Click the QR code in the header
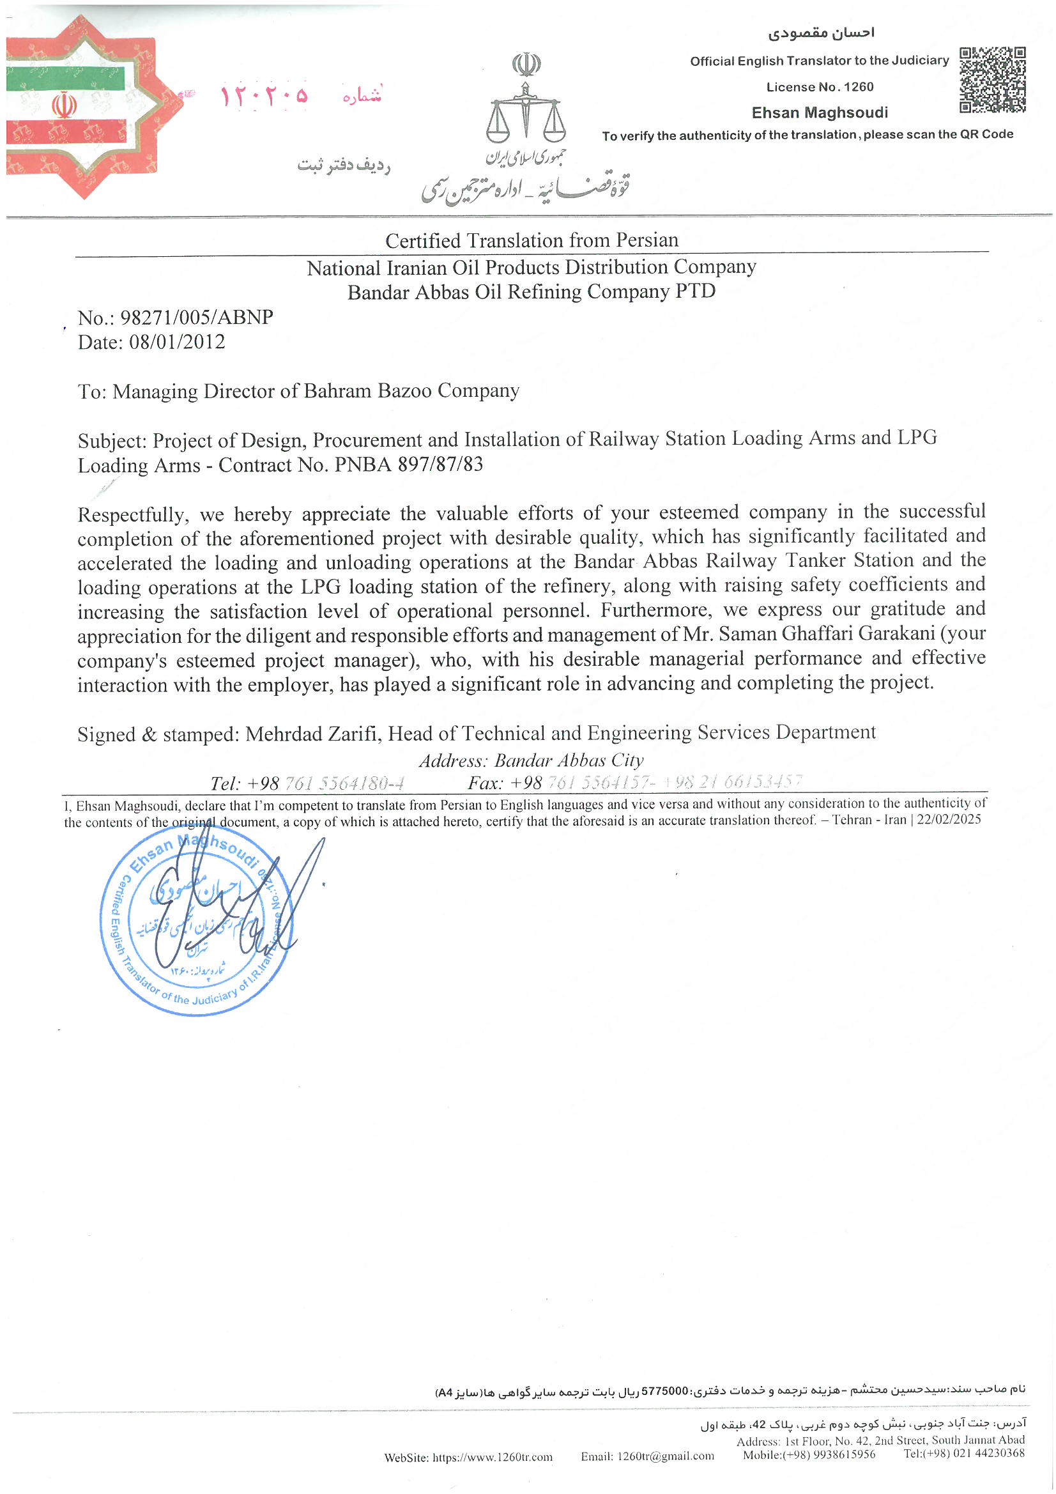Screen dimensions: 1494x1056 tap(992, 79)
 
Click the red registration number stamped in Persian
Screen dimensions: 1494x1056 tap(263, 96)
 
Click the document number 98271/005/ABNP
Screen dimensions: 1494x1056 tap(197, 318)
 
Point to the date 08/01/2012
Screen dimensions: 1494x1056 tap(177, 343)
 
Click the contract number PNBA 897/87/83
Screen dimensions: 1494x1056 tap(409, 465)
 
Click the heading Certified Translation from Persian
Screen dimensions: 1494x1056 tap(532, 241)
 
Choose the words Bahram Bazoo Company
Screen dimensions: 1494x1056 tap(411, 391)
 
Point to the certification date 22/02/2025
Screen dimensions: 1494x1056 tap(948, 819)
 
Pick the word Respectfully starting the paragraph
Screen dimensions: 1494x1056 tap(133, 514)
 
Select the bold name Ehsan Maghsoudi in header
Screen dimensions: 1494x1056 tap(820, 112)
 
